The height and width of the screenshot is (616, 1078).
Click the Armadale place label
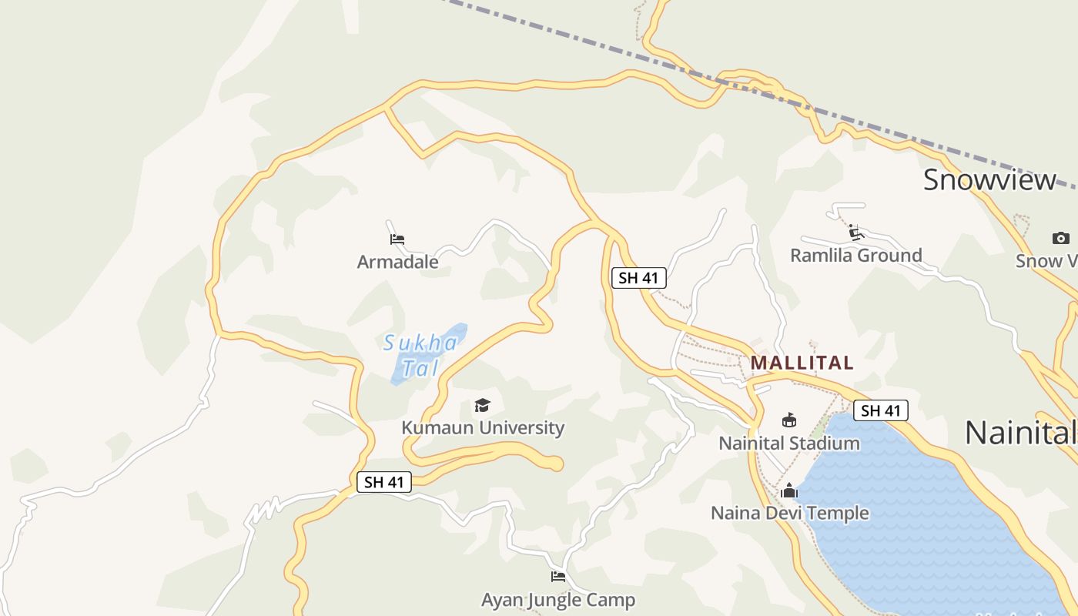pos(397,262)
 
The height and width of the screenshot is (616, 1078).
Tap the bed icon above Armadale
pos(397,239)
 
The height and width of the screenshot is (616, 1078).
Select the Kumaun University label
pos(483,428)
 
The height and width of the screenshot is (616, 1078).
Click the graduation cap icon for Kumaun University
pos(482,405)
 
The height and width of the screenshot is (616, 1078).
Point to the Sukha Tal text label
pos(420,355)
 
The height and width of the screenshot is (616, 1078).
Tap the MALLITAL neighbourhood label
pos(802,363)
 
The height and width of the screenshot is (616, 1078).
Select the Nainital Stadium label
pos(789,444)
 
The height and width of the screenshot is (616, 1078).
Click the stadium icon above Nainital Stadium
pos(788,420)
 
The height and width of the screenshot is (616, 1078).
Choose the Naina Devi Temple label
pos(789,513)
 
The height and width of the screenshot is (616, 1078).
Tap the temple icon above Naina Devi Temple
pos(788,490)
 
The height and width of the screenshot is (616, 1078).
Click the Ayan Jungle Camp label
pos(558,600)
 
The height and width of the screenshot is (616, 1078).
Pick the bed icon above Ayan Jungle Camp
pos(558,576)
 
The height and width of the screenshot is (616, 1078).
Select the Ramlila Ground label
pos(855,256)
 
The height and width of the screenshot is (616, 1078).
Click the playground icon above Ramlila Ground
pos(854,232)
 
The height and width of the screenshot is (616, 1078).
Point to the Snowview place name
pos(989,180)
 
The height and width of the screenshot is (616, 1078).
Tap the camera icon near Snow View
pos(1060,239)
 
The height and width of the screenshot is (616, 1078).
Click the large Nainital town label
pos(1020,433)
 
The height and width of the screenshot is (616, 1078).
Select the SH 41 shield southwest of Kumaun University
pos(384,483)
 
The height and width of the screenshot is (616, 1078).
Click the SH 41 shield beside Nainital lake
pos(881,410)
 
